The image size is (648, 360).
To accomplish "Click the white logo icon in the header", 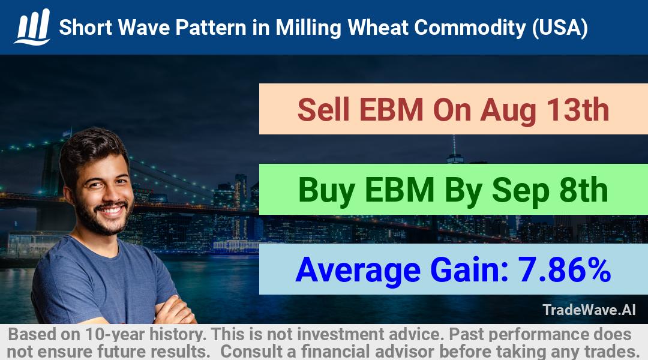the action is (32, 26).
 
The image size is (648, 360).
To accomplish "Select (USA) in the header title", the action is (560, 28).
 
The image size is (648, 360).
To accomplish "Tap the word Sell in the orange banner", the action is (323, 110).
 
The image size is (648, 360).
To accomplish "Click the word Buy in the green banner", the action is (326, 190).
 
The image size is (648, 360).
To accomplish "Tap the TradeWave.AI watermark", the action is (589, 310).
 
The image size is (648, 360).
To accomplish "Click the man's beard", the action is (103, 217).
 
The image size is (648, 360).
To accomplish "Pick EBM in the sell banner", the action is (391, 110).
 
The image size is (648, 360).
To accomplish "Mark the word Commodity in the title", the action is (470, 28).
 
